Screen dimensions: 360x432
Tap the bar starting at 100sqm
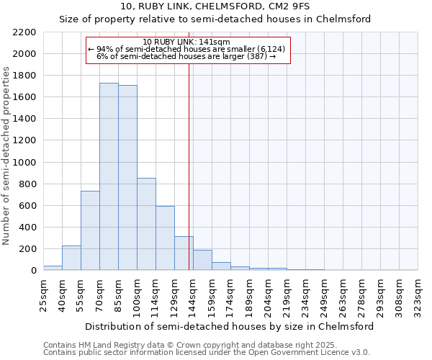pos(146,224)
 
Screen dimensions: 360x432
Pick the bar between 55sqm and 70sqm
pos(90,230)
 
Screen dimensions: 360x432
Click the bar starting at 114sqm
pos(165,238)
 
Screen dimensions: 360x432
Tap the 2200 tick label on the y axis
pos(24,32)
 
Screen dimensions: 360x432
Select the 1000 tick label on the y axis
pos(24,163)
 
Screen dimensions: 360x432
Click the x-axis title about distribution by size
pos(230,326)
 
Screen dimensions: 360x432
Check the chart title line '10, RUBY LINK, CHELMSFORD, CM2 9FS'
pos(215,7)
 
